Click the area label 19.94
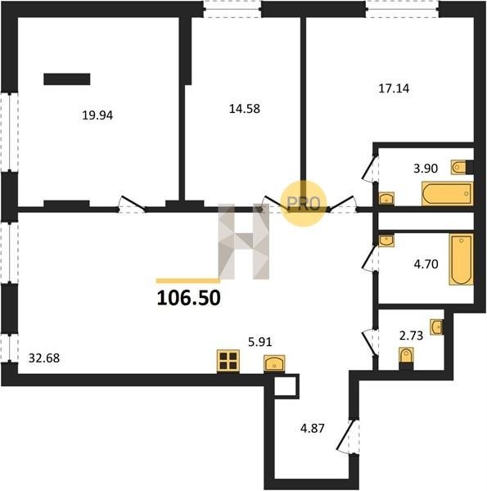coord(97,115)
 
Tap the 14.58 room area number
coord(245,109)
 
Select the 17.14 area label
coord(394,88)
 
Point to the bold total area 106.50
coord(188,298)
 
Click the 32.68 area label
coord(44,358)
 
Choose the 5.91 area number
coord(260,342)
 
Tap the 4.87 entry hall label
coord(312,428)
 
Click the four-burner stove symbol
coord(228,362)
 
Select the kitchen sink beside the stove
coord(274,363)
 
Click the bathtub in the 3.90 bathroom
coord(447,193)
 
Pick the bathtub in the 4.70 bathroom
coord(461,259)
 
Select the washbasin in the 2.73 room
coord(436,327)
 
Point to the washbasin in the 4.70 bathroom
coord(386,241)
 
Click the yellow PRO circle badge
coord(304,204)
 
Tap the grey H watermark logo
coord(244,241)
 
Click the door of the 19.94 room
coord(133,203)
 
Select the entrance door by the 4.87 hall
coord(348,436)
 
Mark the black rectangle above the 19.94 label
coord(67,79)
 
